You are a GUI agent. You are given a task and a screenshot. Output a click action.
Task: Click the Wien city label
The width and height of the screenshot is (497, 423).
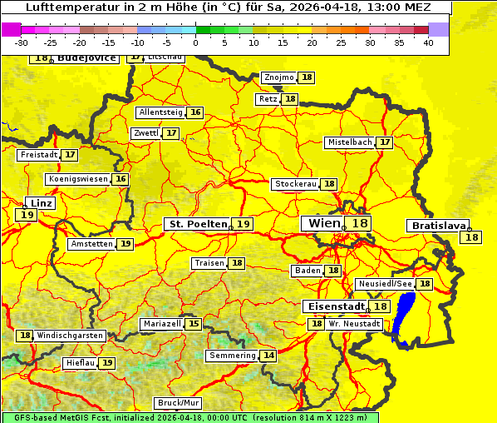click(x=323, y=223)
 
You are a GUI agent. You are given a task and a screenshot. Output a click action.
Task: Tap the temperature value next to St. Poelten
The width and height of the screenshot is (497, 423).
click(x=243, y=224)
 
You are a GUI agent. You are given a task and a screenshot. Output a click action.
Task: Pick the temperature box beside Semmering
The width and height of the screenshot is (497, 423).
click(x=268, y=356)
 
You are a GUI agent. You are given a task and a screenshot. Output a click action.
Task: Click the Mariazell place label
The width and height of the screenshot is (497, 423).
click(x=161, y=324)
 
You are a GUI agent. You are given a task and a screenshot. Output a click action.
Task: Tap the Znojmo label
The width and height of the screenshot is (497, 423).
click(x=278, y=77)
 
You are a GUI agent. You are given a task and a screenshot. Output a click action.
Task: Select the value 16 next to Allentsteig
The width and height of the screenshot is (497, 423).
click(x=195, y=112)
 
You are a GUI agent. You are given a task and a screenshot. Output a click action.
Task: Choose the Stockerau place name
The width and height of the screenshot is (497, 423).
click(x=295, y=184)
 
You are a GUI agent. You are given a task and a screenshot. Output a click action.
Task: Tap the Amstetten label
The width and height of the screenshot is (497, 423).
click(x=91, y=244)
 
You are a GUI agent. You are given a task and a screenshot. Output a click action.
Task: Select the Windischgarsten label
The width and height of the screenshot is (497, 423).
click(x=71, y=336)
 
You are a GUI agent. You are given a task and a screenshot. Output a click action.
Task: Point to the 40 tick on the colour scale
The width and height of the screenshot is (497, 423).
click(x=428, y=42)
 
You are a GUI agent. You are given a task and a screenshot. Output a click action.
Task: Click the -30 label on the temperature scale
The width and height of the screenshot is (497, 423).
click(x=22, y=42)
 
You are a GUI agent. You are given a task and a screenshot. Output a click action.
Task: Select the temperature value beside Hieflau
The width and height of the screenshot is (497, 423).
click(x=108, y=363)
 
